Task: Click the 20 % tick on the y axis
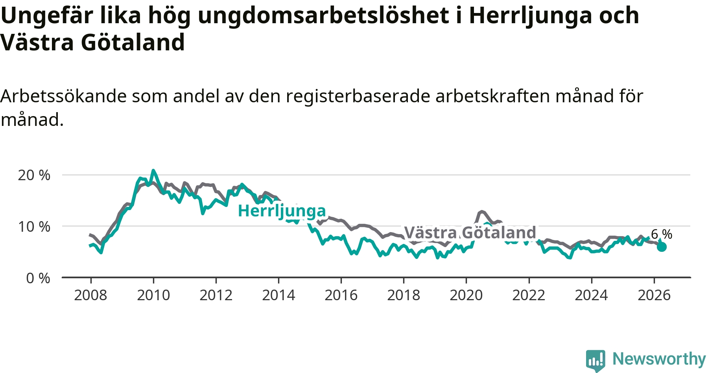tap(34, 175)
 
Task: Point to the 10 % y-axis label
tap(34, 227)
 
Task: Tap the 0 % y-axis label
tap(38, 278)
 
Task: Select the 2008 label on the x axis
tap(91, 295)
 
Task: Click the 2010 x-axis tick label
tap(153, 295)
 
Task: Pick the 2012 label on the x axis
tap(216, 295)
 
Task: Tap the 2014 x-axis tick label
tap(278, 295)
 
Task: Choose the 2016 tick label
tap(341, 295)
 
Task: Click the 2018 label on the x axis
tap(404, 295)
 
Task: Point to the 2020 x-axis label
tap(466, 295)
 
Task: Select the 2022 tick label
tap(529, 295)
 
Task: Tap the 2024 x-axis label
tap(591, 295)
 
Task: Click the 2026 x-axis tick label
tap(654, 295)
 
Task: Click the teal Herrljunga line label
tap(282, 211)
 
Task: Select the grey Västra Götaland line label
tap(470, 233)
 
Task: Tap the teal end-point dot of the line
tap(662, 247)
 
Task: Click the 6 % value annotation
tap(662, 234)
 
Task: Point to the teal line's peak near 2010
tap(153, 171)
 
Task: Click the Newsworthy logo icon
tap(596, 360)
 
